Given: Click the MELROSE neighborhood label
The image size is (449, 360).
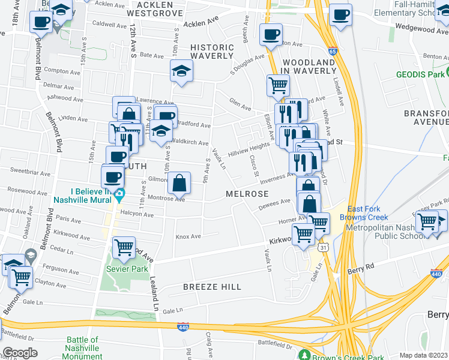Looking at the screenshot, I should tap(247, 194).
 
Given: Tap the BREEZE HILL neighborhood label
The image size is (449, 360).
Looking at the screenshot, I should tap(212, 287).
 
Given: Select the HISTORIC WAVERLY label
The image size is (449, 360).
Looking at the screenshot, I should tap(211, 52).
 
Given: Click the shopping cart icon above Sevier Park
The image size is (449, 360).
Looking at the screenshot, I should tap(124, 247).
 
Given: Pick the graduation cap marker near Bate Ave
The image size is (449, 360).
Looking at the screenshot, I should tap(181, 71).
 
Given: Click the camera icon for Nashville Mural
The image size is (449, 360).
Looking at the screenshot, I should tap(119, 194).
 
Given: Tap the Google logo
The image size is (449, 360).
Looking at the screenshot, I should tap(20, 353).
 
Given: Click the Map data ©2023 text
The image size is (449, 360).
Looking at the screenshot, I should tap(423, 355).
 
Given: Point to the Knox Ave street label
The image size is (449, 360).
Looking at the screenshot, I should tap(188, 236).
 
